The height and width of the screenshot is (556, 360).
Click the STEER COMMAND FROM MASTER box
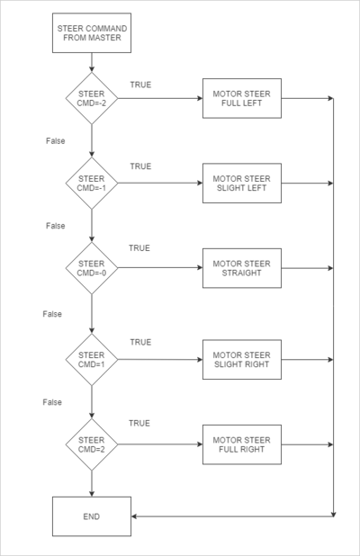coord(92,33)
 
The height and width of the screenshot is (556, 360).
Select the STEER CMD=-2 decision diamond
coord(92,98)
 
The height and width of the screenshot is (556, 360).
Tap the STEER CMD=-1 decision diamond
coord(92,183)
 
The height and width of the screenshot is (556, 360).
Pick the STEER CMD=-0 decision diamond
coord(92,268)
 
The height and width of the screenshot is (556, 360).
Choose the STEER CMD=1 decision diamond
coord(92,360)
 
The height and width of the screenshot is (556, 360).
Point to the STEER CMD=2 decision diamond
coord(92,444)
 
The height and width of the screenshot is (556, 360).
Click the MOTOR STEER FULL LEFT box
coord(242,98)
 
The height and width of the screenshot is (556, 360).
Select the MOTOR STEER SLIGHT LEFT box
coord(242,183)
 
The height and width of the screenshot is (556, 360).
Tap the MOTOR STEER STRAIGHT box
coord(242,268)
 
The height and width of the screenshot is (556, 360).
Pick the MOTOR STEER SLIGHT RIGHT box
coord(242,360)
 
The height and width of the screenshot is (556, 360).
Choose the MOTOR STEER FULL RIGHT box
coord(242,444)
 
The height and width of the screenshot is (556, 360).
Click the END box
coord(92,516)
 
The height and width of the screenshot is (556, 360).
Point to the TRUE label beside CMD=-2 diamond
coord(140,85)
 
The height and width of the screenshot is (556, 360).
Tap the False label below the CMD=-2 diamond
coord(55,140)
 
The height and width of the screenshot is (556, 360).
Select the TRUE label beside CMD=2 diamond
coord(139,423)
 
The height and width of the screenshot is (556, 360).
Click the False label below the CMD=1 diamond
coord(52,402)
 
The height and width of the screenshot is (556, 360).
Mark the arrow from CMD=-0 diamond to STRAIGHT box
coord(160,268)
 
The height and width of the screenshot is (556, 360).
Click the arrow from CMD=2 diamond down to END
coord(92,484)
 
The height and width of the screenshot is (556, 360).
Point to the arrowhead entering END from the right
coord(134,516)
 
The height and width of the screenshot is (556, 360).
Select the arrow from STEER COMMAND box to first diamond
coord(92,62)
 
